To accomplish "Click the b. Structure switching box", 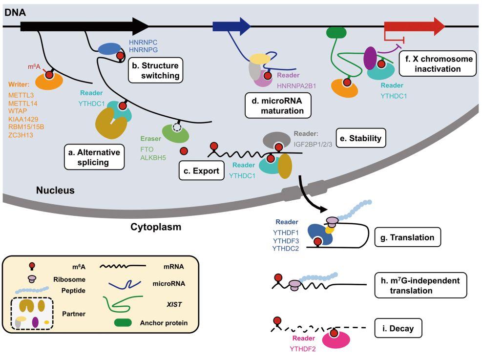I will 154,70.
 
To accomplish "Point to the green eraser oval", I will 176,132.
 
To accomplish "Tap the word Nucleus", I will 55,190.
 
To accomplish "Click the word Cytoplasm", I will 156,227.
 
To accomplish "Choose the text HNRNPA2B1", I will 297,85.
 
